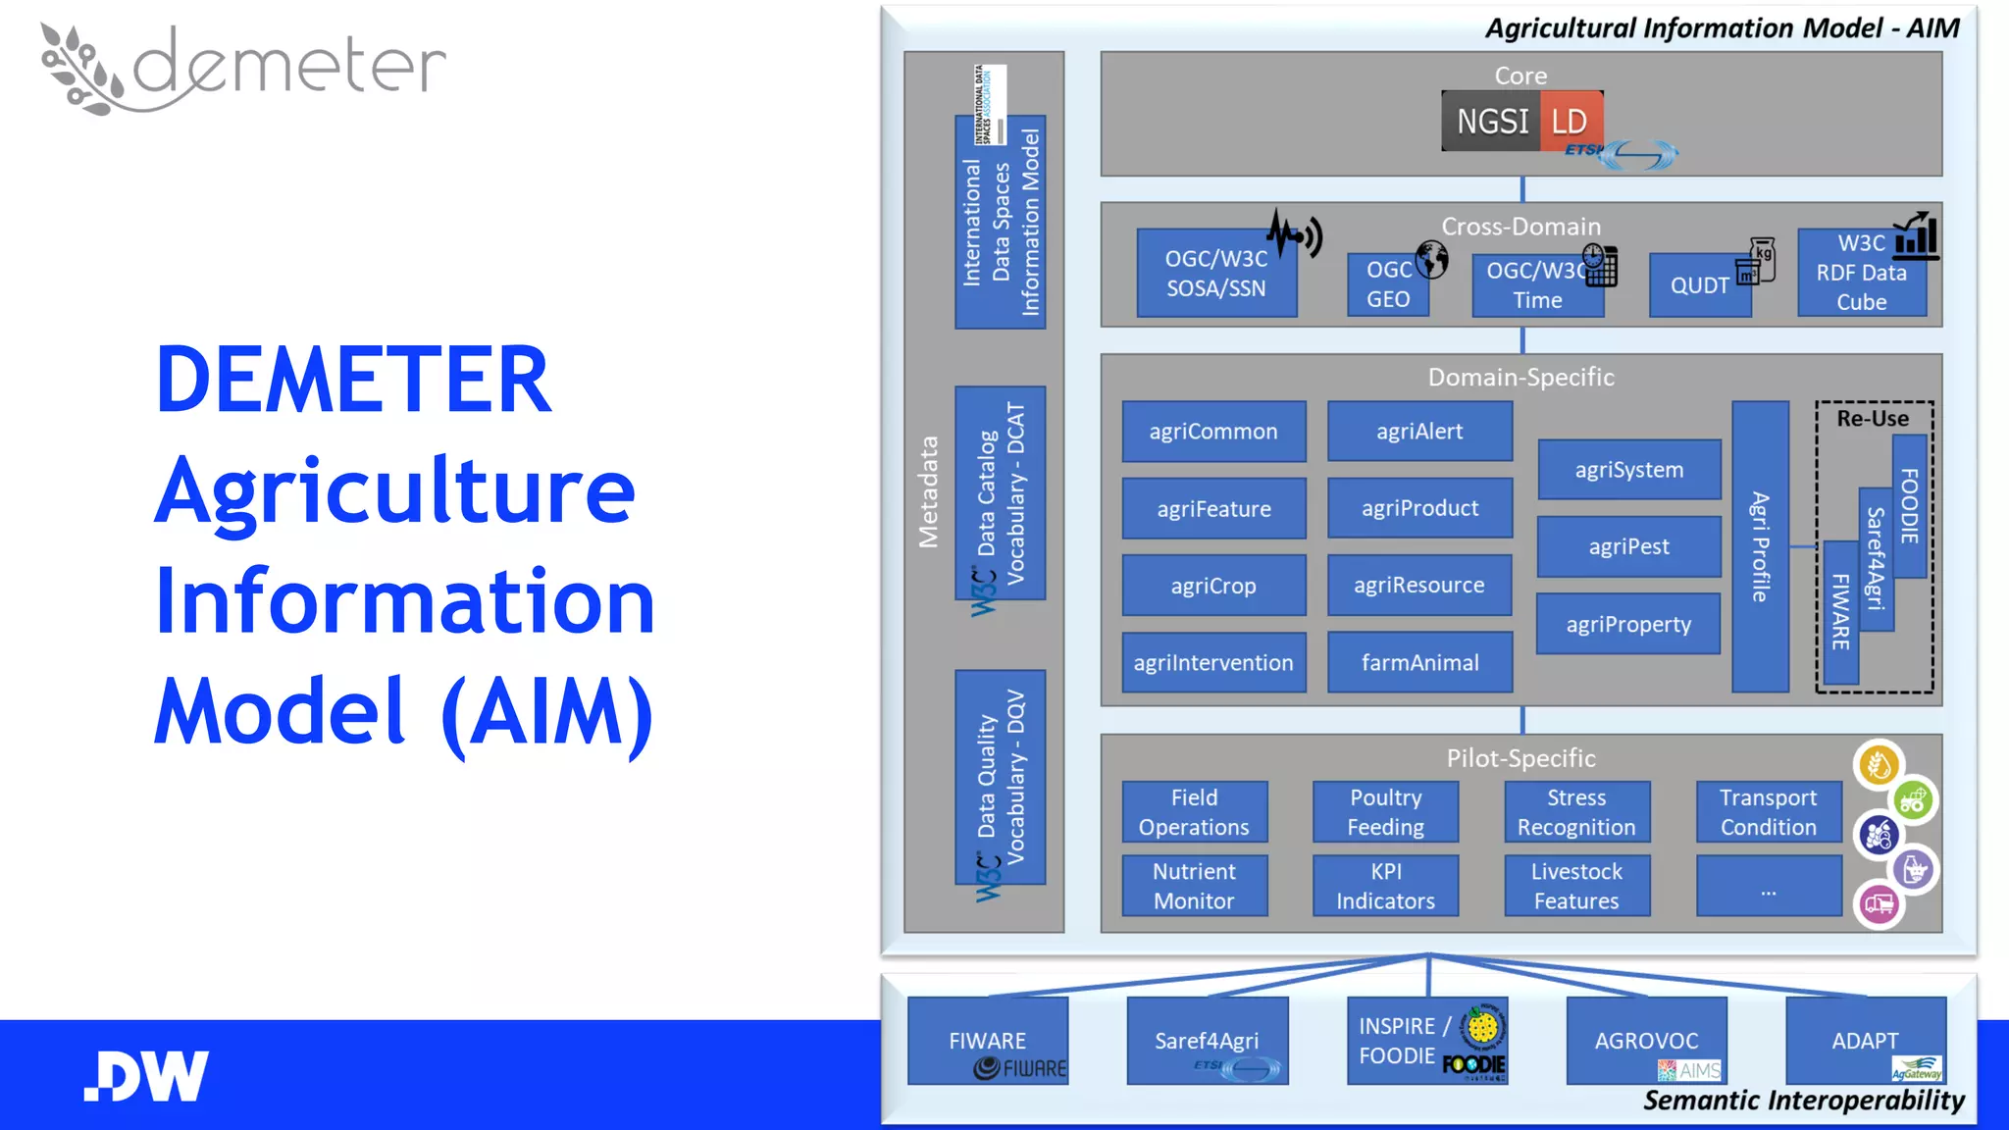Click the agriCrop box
[1213, 586]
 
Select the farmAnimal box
[1419, 662]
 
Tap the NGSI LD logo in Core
[1521, 122]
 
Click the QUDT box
[1700, 285]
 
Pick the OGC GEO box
[1388, 284]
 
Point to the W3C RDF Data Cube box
[1861, 273]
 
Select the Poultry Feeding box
[1385, 812]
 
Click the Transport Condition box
[1768, 812]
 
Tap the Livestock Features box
[1576, 886]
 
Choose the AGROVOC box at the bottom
[1646, 1041]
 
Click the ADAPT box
[1865, 1041]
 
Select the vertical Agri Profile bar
[1760, 546]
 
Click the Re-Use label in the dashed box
[1873, 419]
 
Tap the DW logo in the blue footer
[146, 1076]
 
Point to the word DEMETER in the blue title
[353, 380]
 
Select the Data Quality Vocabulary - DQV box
[1000, 777]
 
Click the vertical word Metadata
[928, 491]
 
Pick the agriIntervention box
[1213, 662]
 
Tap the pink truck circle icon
[1879, 903]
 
